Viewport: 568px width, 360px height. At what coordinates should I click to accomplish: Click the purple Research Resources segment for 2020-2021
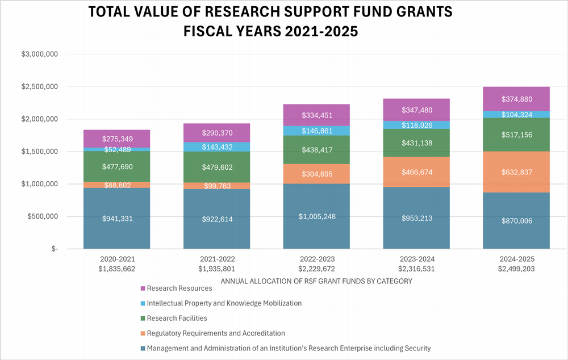click(116, 139)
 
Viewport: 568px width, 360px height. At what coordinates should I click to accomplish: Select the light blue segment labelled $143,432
click(216, 146)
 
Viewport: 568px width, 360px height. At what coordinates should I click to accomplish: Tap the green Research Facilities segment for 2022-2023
click(316, 150)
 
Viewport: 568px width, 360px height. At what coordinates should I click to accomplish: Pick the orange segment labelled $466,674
click(416, 171)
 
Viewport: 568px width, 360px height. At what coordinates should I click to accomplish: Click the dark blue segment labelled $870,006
click(516, 220)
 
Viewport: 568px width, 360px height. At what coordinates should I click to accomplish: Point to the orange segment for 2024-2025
click(516, 172)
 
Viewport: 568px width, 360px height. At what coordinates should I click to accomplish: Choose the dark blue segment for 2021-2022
click(216, 219)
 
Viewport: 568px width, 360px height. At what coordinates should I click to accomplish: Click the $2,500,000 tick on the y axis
click(40, 87)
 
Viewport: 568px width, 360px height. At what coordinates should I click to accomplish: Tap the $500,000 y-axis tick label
click(41, 216)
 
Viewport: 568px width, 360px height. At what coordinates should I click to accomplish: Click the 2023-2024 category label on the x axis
click(416, 258)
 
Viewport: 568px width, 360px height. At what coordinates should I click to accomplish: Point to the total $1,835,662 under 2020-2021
click(116, 268)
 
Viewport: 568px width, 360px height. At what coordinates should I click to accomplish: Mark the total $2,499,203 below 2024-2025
click(516, 268)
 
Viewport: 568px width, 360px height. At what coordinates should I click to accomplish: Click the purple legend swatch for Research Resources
click(143, 288)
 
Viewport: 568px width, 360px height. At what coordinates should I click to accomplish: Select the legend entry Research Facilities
click(177, 318)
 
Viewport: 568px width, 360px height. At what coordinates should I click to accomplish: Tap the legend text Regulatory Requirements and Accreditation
click(216, 333)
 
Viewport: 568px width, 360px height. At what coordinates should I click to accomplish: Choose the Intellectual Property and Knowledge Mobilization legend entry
click(224, 303)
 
